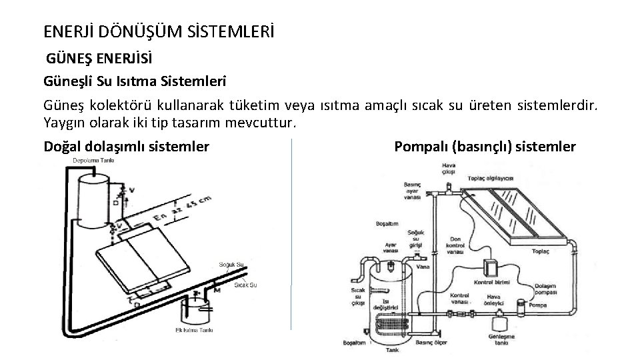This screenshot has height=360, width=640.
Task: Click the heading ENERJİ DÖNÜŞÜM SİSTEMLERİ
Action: click(158, 31)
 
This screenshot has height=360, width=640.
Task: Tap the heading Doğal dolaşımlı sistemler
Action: click(126, 146)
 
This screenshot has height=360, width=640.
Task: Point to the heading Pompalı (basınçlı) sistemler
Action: click(485, 146)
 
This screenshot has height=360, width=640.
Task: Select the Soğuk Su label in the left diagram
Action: click(233, 265)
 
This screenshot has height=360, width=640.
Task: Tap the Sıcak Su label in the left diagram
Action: click(245, 285)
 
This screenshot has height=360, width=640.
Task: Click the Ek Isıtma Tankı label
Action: click(193, 329)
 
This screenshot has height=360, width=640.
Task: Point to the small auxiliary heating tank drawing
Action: click(198, 309)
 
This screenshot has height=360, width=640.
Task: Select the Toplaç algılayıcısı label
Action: click(489, 179)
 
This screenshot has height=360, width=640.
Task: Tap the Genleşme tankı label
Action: click(501, 341)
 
